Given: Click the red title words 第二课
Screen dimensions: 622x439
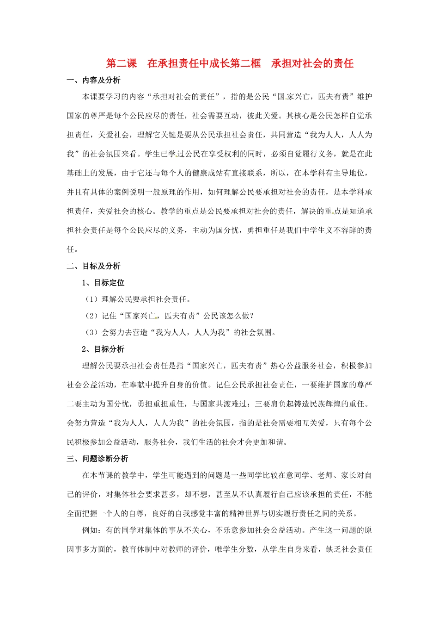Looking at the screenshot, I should (x=122, y=63).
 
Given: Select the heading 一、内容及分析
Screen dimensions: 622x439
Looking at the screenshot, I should (x=94, y=81).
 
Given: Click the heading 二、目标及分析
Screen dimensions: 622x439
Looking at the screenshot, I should (x=94, y=266).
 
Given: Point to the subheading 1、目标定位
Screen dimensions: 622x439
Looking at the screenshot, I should (x=103, y=283).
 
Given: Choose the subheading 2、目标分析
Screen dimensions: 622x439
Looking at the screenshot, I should (x=103, y=349).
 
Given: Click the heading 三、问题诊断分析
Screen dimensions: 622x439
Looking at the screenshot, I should (x=98, y=459).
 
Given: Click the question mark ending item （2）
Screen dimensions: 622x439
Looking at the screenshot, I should (x=251, y=316).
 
